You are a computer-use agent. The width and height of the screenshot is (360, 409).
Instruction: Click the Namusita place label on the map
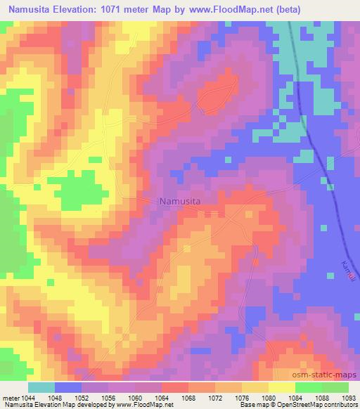180,201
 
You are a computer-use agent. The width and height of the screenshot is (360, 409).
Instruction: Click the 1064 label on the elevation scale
162,397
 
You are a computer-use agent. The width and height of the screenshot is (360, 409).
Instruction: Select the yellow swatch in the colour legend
281,387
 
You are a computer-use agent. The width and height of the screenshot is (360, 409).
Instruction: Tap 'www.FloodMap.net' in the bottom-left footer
143,405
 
